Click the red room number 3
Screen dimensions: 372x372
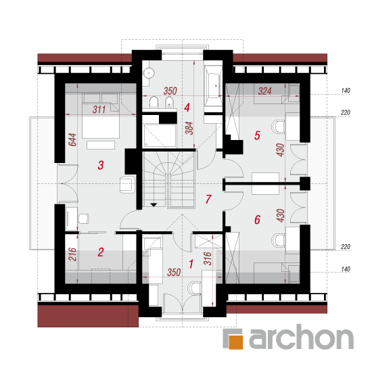101,165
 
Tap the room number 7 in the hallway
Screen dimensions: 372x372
208,199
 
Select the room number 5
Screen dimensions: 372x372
257,135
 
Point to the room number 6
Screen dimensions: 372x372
257,220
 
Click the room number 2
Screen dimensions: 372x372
101,252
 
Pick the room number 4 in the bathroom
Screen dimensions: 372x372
187,108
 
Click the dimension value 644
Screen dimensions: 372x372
72,140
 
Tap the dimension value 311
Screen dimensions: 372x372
99,110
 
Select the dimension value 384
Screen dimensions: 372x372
189,128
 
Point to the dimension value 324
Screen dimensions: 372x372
264,91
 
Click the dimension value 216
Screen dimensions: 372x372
72,254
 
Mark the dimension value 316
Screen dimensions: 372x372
208,258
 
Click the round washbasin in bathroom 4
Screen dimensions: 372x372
149,72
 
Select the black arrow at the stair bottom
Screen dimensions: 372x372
154,205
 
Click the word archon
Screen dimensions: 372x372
301,337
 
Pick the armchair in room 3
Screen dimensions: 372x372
127,184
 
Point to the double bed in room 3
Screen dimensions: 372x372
101,116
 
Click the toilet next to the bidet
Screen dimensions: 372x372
154,103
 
